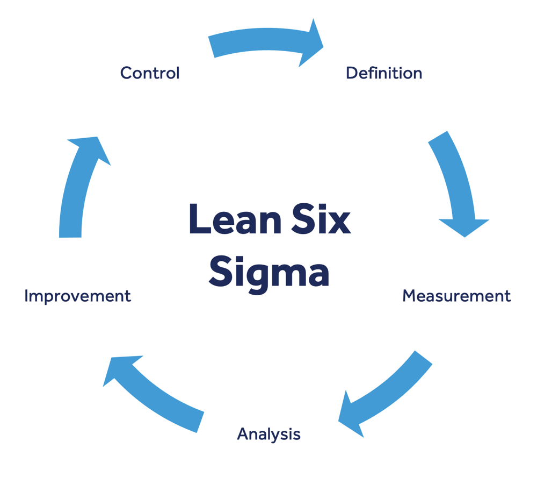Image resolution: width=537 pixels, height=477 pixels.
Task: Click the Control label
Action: coord(150,73)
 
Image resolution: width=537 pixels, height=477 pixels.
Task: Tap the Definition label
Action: coord(383,73)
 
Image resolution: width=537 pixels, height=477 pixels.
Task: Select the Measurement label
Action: coord(456,296)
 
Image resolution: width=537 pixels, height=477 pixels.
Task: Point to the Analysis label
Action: coord(268,434)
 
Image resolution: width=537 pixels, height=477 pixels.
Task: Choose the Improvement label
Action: coord(78,296)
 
